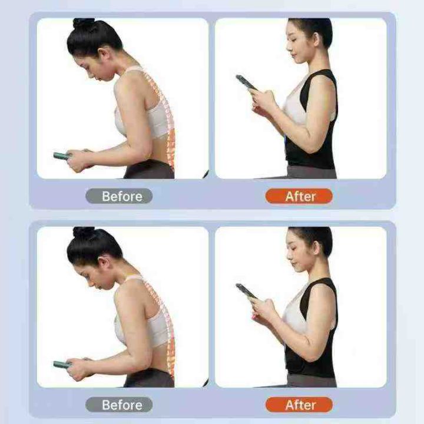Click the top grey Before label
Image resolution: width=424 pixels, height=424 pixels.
pos(119,196)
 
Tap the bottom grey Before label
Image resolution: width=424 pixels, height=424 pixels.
pos(119,405)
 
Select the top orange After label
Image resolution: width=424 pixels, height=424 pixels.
pos(299,196)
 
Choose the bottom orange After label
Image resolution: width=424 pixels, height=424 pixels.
pos(299,405)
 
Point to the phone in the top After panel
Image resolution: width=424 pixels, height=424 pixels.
pos(246,83)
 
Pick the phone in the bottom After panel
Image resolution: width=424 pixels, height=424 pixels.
pos(246,291)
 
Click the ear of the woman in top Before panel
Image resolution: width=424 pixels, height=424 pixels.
pos(105,54)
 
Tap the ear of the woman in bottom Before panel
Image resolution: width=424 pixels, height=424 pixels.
pos(105,262)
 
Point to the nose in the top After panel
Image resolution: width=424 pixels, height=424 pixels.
pos(289,49)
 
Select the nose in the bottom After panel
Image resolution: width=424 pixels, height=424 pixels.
pos(289,257)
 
